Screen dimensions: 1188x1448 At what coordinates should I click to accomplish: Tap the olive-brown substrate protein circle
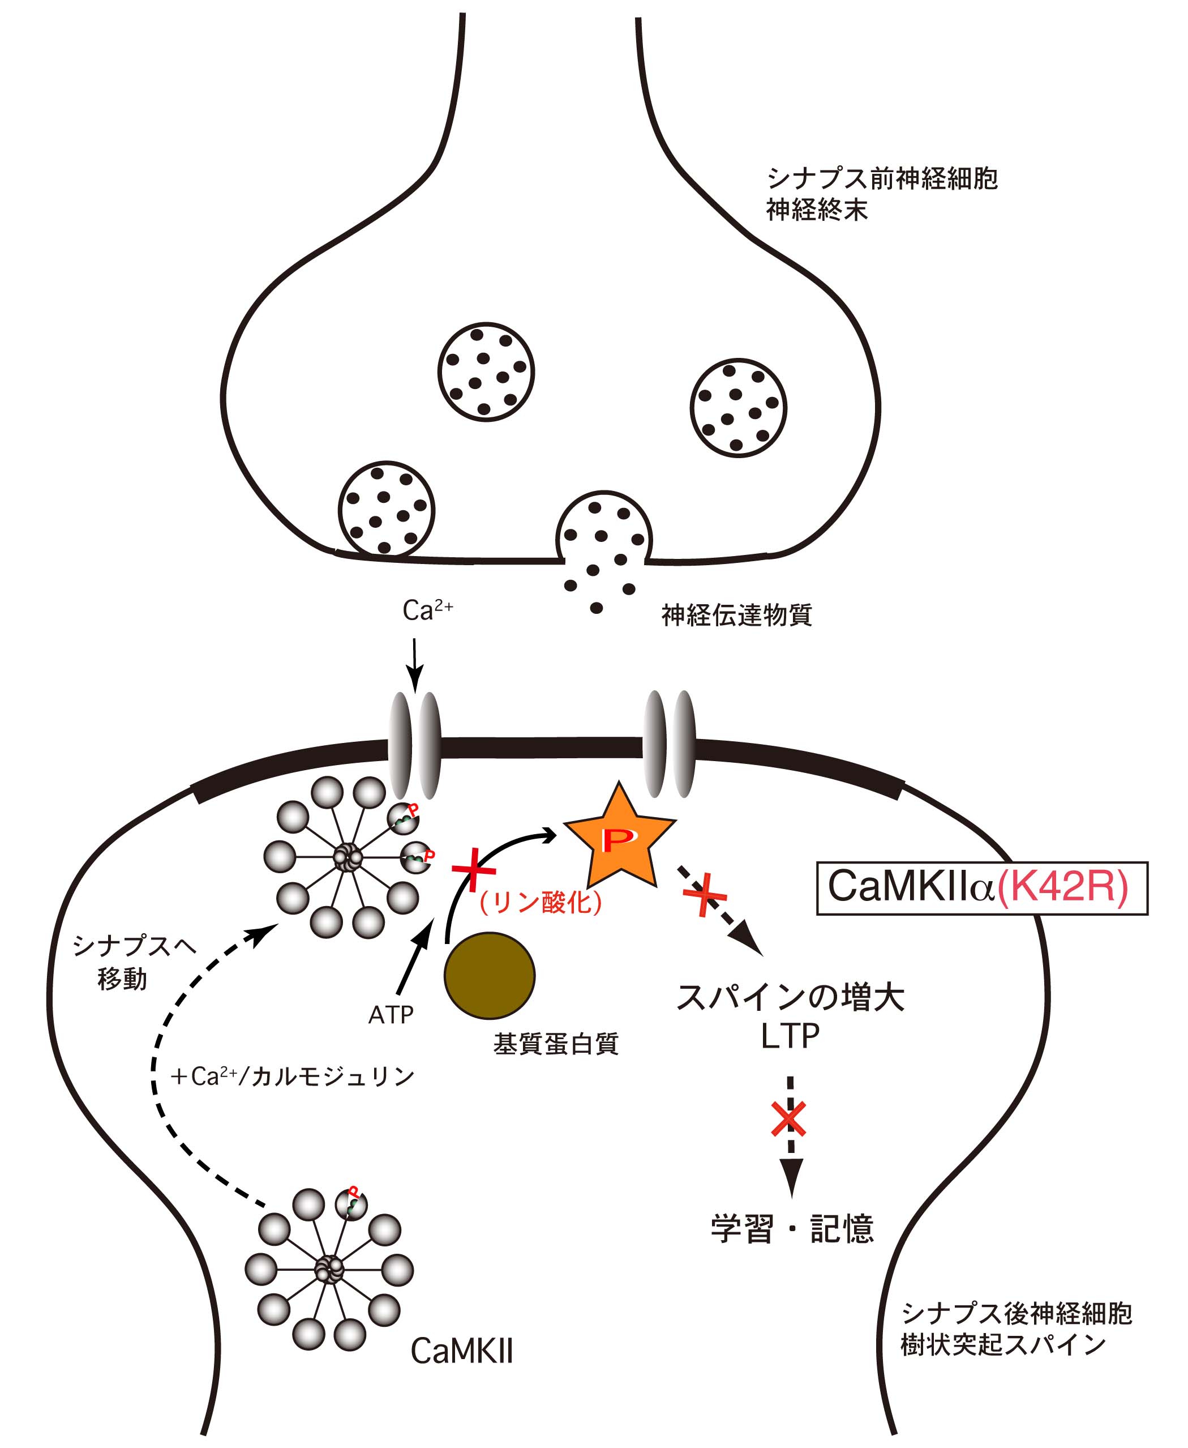490,976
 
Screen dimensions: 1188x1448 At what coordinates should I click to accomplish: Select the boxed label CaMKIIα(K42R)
982,888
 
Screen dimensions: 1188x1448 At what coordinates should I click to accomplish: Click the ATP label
391,1015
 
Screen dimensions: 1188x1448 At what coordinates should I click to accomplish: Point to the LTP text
790,1036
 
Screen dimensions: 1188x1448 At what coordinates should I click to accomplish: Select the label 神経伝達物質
736,615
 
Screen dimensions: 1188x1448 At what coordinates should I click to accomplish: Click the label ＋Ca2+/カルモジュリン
292,1077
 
